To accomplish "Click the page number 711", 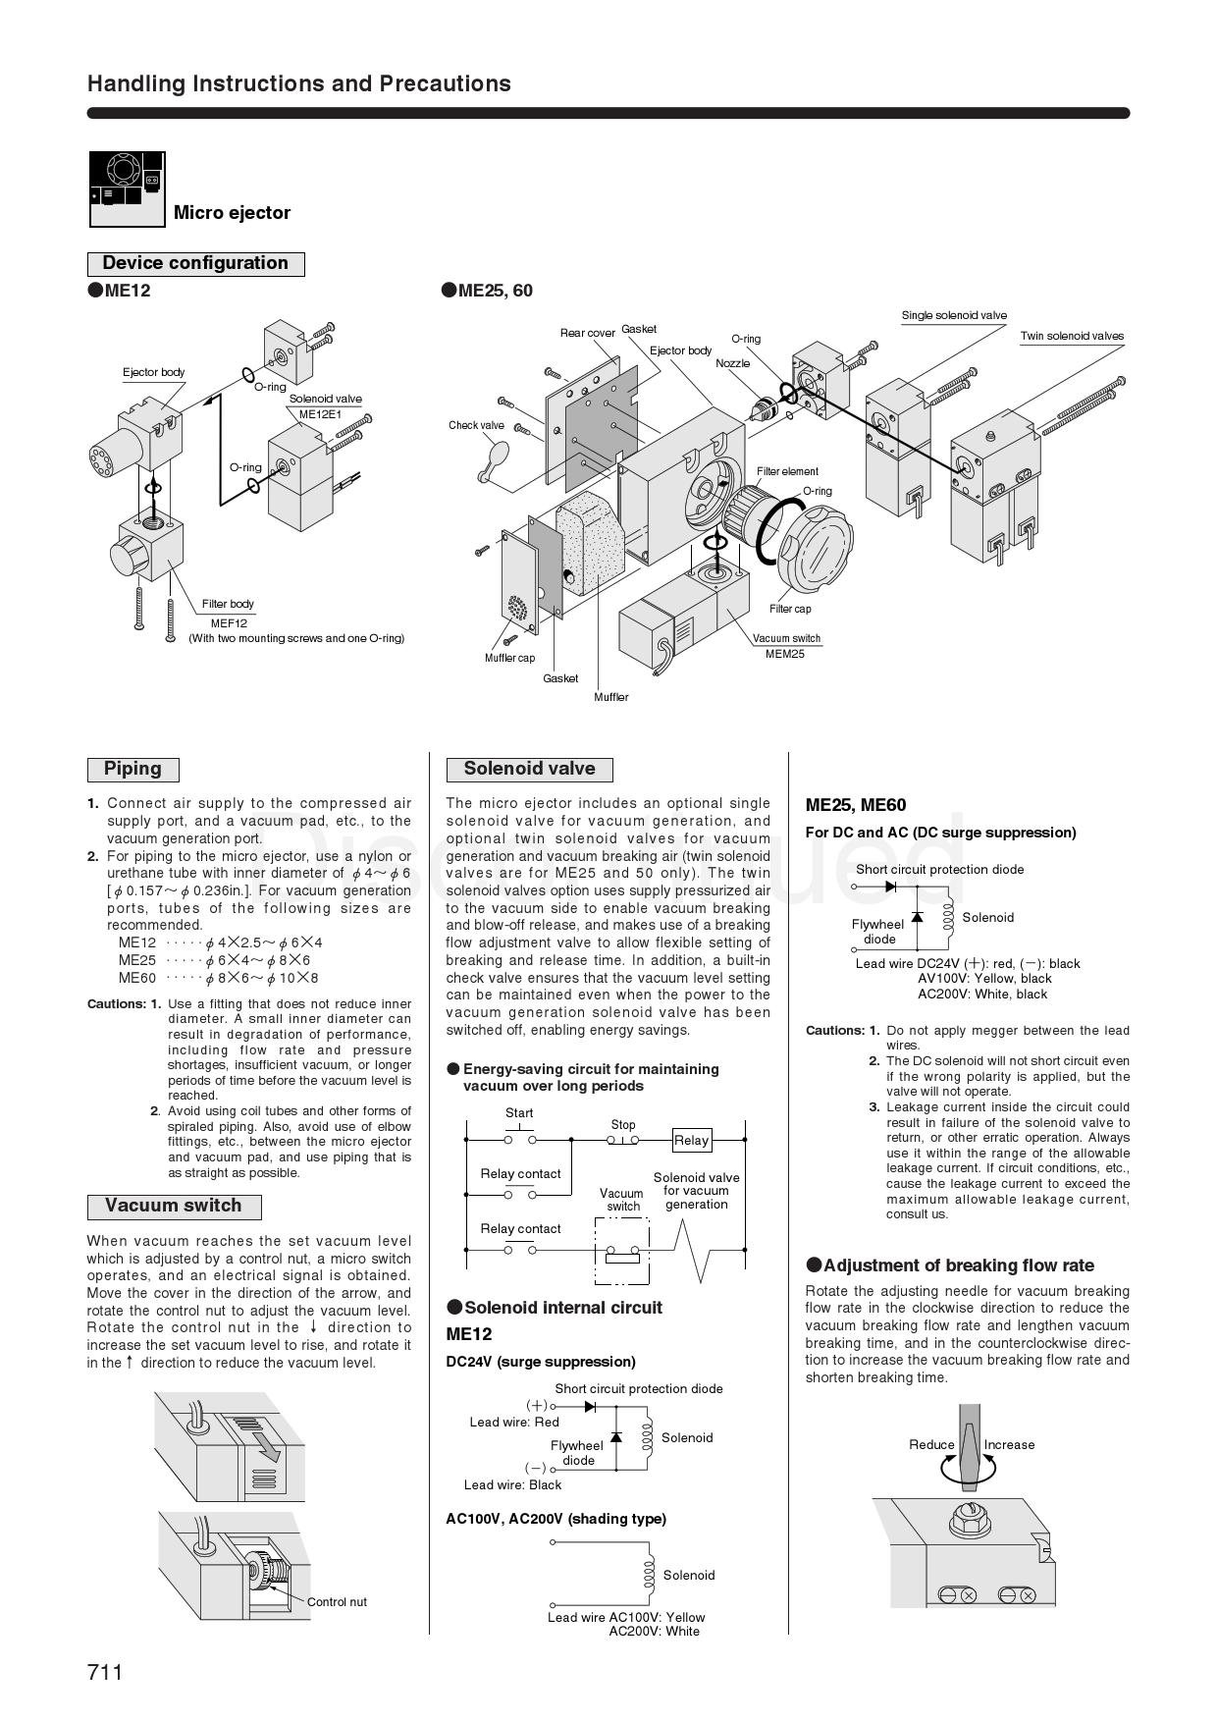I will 105,1671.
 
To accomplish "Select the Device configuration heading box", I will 195,263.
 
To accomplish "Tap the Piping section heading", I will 132,769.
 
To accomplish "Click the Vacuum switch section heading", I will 173,1206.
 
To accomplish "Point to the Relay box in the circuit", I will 691,1140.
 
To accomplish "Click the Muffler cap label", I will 509,658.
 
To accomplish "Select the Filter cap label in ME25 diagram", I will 790,609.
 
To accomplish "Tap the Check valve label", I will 476,425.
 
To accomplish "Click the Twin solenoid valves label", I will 1072,336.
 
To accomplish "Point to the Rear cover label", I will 587,333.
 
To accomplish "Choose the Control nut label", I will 337,1601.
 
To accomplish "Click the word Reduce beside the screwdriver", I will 931,1444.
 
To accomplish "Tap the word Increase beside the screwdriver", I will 1009,1444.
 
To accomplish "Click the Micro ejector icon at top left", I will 128,189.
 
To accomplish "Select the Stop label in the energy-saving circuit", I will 623,1124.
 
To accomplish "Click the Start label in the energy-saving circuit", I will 519,1112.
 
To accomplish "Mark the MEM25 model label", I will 785,653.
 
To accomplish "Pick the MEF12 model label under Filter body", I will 229,622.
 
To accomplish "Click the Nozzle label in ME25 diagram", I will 732,363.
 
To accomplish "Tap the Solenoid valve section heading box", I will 529,769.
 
